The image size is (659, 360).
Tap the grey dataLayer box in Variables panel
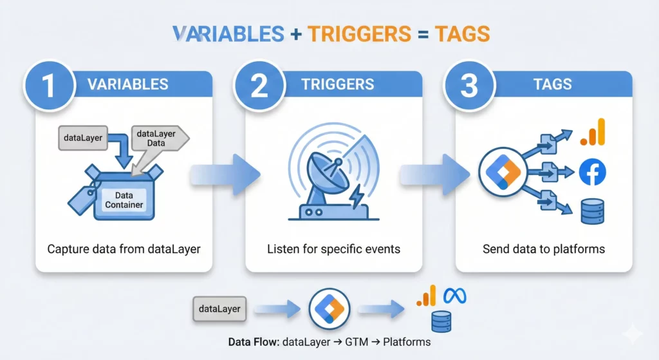click(84, 137)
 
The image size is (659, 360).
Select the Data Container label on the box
click(124, 200)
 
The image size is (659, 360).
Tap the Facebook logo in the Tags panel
click(592, 173)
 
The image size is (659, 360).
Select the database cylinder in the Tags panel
click(592, 211)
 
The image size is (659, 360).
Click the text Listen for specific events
click(333, 249)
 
